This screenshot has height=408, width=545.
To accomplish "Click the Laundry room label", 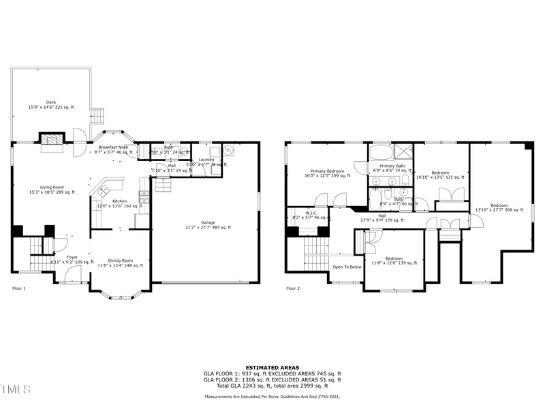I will coord(206,161).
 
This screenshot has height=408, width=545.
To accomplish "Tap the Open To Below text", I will coord(347,267).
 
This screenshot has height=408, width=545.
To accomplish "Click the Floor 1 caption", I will coord(19,288).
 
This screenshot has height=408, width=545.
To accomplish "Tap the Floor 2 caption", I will coord(293,288).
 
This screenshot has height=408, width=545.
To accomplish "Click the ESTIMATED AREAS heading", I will coord(272,367).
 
